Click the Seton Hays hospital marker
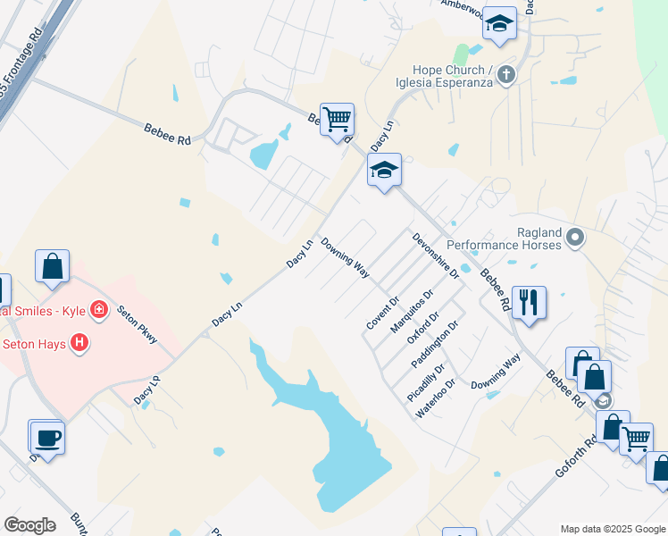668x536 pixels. [x=79, y=342]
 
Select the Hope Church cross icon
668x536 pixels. [x=506, y=74]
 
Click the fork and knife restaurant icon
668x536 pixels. [x=529, y=302]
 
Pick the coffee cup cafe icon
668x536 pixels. [x=46, y=437]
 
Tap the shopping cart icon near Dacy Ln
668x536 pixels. [x=337, y=119]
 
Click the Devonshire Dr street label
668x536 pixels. [x=435, y=255]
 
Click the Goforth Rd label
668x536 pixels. [x=575, y=456]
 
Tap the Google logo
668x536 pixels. [x=29, y=525]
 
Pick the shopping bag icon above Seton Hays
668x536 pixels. [x=53, y=266]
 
